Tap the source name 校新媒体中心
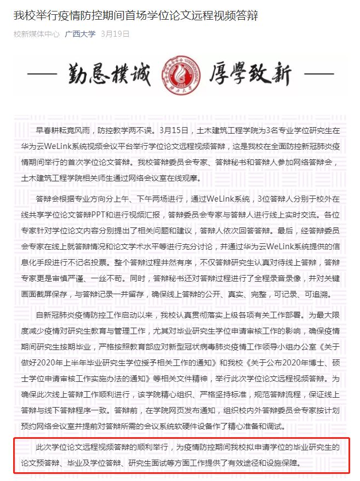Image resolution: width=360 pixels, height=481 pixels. click(x=36, y=34)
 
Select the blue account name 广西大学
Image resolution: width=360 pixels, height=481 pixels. click(x=80, y=34)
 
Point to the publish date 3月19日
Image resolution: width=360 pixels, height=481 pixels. click(x=115, y=34)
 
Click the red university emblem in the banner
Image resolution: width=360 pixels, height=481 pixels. click(x=179, y=75)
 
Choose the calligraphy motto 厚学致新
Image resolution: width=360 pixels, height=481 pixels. click(x=250, y=75)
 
